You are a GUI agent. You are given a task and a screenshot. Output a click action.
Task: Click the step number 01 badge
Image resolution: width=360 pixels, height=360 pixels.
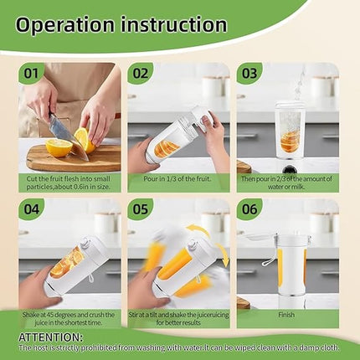(x=30, y=73)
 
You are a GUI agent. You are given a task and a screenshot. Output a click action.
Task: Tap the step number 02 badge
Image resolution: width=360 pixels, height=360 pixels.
(x=141, y=73)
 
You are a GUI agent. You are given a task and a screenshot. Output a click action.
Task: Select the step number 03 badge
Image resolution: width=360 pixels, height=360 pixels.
(x=249, y=73)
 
